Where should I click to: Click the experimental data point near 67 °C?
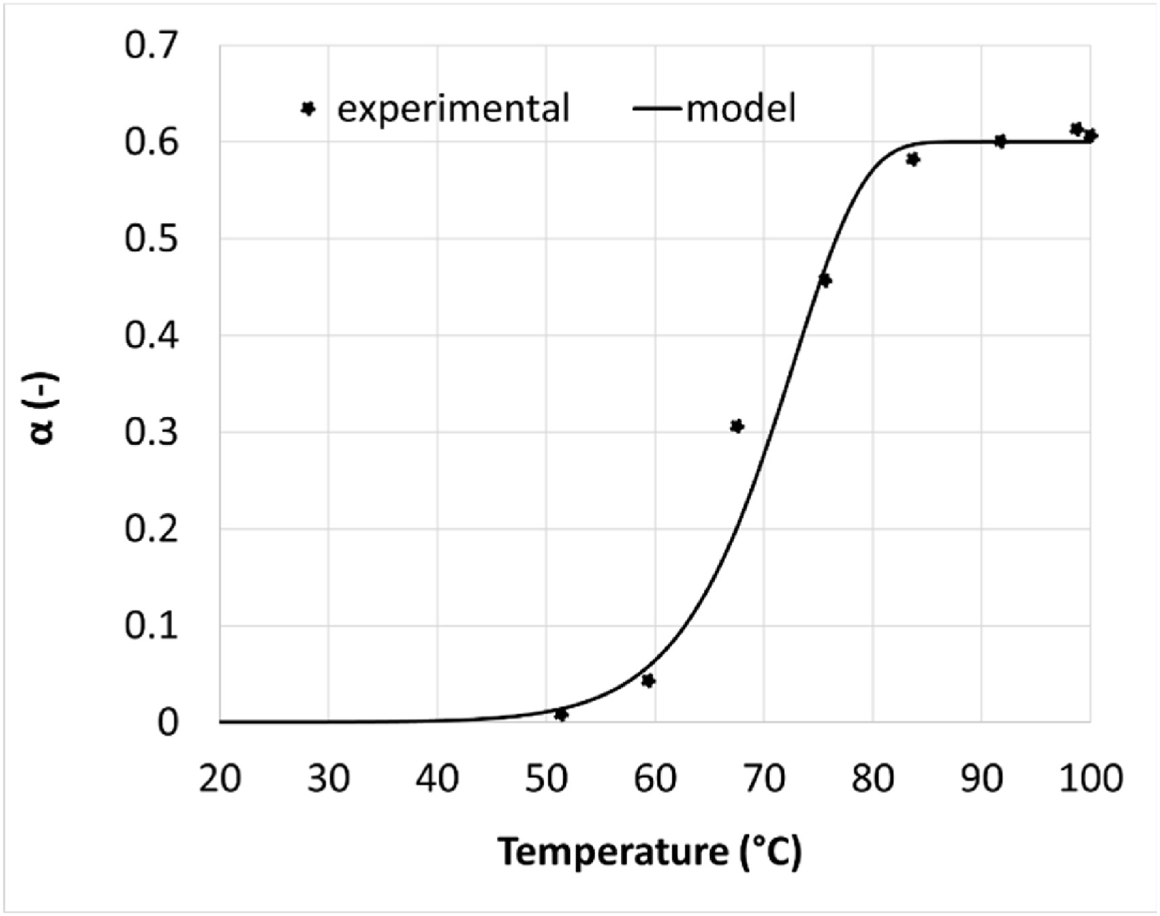tap(737, 426)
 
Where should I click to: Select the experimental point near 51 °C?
tap(561, 714)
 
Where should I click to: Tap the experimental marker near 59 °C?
tap(648, 681)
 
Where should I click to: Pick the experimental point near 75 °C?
tap(825, 280)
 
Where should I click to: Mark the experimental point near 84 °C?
tap(913, 160)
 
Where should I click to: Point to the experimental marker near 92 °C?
tap(1000, 141)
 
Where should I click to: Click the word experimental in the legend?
tap(453, 109)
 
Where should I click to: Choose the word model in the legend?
tap(741, 109)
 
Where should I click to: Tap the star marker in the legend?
tap(308, 108)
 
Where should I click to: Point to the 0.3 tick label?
tap(152, 432)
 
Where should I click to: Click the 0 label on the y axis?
tap(168, 722)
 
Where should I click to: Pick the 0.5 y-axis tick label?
tap(152, 239)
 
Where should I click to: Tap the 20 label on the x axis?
tap(220, 779)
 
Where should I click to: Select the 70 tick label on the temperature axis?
tap(764, 779)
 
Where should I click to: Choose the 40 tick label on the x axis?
tap(437, 779)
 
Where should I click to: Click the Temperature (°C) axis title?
tap(649, 852)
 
